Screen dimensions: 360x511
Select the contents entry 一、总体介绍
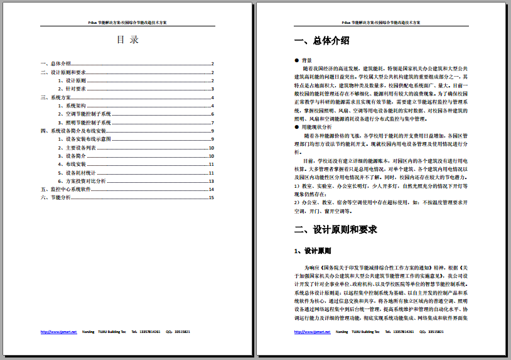click(56, 63)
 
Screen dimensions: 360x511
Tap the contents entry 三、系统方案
click(56, 97)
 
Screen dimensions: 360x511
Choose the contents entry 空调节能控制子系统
click(88, 114)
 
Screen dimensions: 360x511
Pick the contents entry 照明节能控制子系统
click(88, 123)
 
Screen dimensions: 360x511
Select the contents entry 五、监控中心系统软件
click(66, 189)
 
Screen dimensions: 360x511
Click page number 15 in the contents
click(212, 198)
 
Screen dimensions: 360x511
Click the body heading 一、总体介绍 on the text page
click(321, 41)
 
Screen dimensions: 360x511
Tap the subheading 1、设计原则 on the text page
click(313, 251)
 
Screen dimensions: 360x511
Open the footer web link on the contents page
click(58, 331)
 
